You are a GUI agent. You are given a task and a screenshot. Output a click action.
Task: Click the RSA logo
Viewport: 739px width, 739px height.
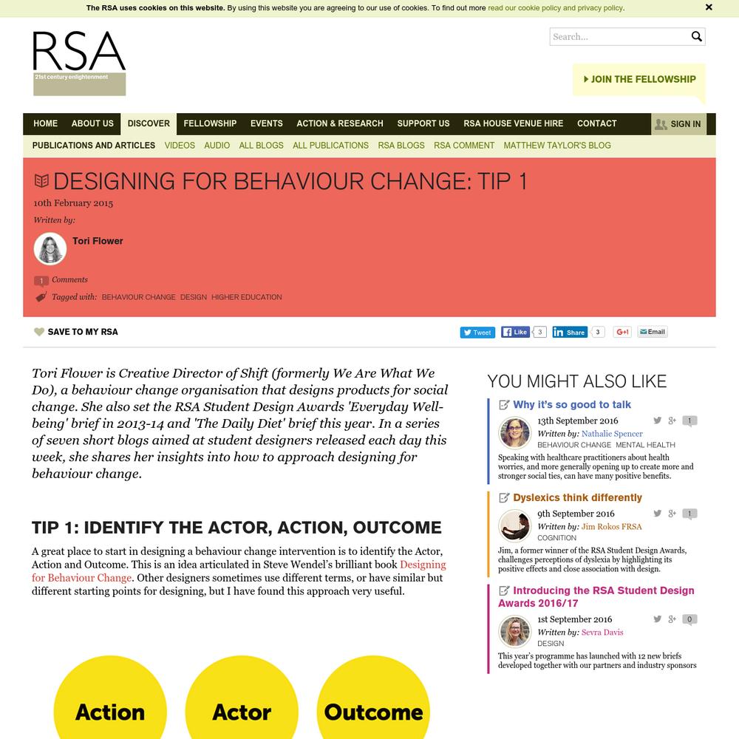79,63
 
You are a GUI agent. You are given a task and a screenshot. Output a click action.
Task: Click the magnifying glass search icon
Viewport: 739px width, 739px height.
696,36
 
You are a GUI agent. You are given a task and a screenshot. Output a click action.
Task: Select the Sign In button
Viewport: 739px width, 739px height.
678,123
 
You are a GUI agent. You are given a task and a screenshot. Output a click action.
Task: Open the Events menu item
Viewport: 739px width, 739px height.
266,123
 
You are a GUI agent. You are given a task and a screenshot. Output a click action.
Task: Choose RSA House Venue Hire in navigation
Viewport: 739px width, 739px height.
513,123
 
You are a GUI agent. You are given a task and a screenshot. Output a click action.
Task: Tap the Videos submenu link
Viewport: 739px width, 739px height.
180,146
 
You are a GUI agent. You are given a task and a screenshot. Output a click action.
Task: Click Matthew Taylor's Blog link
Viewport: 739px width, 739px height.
557,146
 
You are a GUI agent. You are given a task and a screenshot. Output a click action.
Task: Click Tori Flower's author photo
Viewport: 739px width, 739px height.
50,249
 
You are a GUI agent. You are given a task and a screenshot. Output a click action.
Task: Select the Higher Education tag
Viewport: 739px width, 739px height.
247,297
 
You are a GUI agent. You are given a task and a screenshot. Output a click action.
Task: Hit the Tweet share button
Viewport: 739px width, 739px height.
477,333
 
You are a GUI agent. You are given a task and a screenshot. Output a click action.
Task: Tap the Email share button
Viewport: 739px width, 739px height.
653,333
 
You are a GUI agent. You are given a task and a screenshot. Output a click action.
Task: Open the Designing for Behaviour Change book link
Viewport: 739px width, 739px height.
423,565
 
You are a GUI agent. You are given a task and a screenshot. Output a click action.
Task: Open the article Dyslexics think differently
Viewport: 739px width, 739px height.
577,497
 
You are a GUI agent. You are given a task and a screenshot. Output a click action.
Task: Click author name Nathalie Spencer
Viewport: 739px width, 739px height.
612,434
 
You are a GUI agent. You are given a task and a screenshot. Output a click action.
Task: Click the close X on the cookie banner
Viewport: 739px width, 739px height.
709,7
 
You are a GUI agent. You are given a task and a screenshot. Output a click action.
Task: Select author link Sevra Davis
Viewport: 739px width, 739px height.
602,633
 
